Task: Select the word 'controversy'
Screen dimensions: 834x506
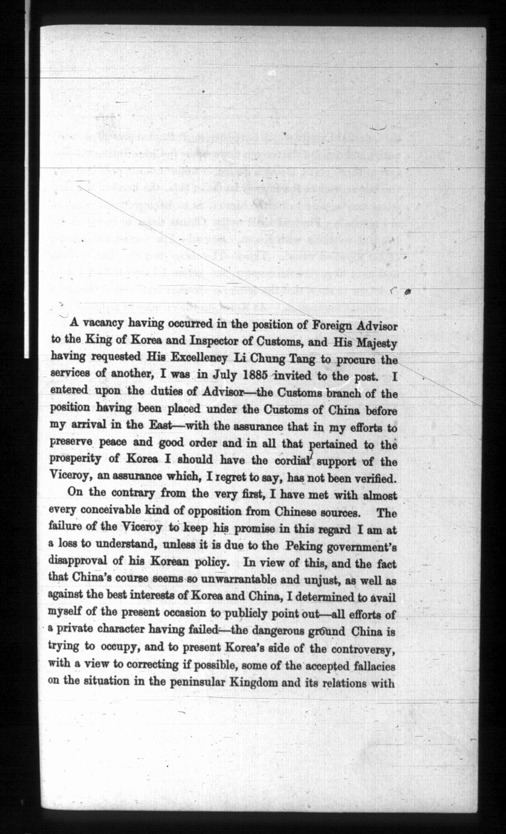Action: pyautogui.click(x=362, y=648)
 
